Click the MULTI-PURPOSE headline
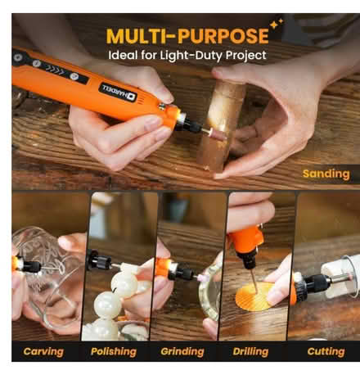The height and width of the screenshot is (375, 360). pos(187,36)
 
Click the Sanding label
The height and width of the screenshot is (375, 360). pos(326,174)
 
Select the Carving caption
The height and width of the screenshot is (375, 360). pos(43,351)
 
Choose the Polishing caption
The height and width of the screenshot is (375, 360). pos(114,351)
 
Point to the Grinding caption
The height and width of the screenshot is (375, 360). pos(182,351)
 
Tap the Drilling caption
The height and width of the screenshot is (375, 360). pos(250,351)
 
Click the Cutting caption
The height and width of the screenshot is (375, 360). pos(326,351)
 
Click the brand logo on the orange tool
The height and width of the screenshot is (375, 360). pos(119,92)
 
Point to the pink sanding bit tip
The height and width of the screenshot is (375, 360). pos(218,133)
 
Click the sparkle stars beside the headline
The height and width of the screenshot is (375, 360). pos(277,24)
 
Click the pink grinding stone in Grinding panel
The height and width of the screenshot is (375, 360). pos(202,278)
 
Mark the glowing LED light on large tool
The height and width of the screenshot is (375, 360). pos(179,112)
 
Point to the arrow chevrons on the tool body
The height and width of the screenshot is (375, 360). pos(54,70)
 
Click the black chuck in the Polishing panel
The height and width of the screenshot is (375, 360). pos(99,260)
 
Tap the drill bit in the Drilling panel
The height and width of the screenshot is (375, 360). pos(254,281)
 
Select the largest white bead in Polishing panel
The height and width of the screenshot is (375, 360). pos(124,285)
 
